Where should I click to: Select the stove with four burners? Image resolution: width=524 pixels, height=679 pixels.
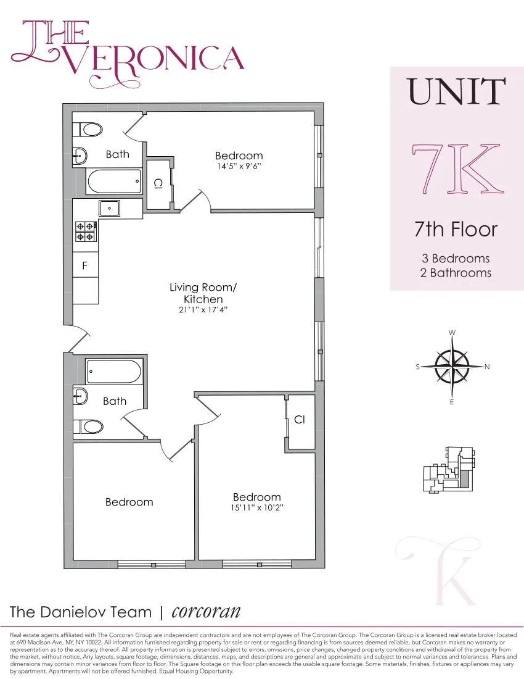[86, 231]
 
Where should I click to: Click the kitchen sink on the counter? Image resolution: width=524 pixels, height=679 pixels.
[109, 208]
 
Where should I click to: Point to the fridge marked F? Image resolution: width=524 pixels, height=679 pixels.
[85, 266]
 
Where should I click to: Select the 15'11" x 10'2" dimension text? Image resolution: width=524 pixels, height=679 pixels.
[256, 508]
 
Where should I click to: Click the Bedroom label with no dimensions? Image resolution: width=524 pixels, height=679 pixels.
[129, 502]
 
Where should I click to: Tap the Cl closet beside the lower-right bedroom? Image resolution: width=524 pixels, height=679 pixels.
[300, 420]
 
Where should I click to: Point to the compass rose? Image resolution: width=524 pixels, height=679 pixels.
[452, 366]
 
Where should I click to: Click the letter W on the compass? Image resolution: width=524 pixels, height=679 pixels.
[452, 333]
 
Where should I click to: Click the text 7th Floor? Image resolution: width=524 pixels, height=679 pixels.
[456, 230]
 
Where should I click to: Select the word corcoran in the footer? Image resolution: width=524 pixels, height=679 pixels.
[206, 612]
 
